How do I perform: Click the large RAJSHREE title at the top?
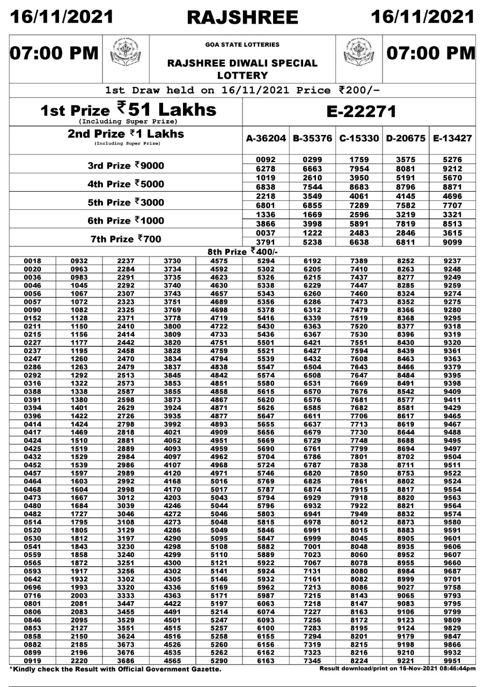tap(242, 17)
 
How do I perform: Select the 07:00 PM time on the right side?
tap(431, 54)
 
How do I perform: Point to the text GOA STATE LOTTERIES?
tap(242, 45)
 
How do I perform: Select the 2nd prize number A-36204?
tap(266, 138)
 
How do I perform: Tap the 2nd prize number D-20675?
tap(406, 138)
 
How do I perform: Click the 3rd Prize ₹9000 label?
tap(126, 166)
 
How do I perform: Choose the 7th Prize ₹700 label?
tap(126, 239)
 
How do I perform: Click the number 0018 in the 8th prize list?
tap(33, 261)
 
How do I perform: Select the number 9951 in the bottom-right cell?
tap(452, 660)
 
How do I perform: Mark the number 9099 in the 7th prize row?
tap(452, 242)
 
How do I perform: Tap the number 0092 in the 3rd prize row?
tap(266, 160)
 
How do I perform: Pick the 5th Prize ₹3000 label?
tap(126, 202)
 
